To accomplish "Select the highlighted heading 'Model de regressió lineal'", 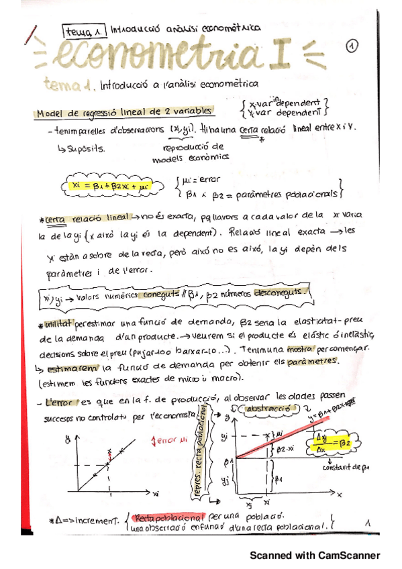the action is (x=124, y=112).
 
